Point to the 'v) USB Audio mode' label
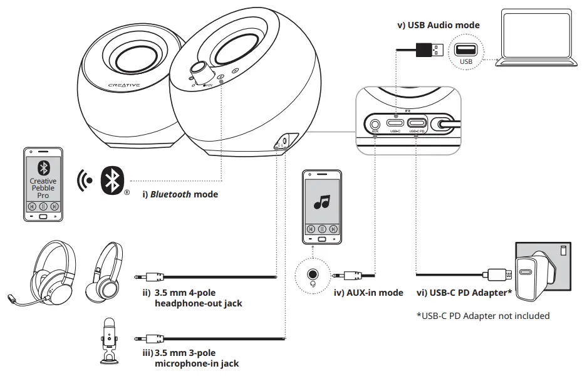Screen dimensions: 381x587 click(x=439, y=25)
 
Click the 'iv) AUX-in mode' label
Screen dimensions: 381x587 click(x=368, y=293)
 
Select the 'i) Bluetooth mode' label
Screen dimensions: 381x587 click(x=180, y=194)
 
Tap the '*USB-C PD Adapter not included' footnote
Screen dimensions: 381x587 click(x=483, y=316)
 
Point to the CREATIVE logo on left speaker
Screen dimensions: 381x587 click(x=124, y=85)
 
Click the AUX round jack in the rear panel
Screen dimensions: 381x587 click(x=375, y=123)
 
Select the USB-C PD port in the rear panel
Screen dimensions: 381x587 click(x=417, y=123)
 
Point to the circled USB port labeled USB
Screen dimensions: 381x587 click(x=466, y=52)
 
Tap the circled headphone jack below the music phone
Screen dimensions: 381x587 click(x=311, y=274)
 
